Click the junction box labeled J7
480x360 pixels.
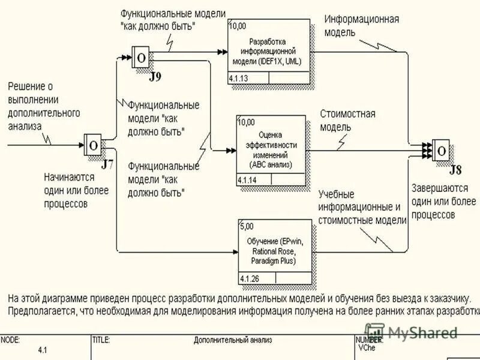[x=93, y=145]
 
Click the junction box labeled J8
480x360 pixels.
[x=442, y=149]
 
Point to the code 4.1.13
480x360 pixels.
[x=239, y=79]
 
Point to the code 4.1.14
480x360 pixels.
[x=247, y=180]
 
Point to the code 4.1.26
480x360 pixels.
[x=249, y=279]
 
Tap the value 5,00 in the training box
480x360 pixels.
[x=247, y=226]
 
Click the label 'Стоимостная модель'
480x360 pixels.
[x=347, y=120]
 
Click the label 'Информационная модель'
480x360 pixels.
[x=361, y=25]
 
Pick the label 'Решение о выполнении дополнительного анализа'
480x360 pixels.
[x=43, y=106]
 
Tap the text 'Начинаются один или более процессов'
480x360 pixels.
[x=76, y=190]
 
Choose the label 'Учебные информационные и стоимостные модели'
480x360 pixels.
[x=362, y=208]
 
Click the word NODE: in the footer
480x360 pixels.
[x=10, y=340]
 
